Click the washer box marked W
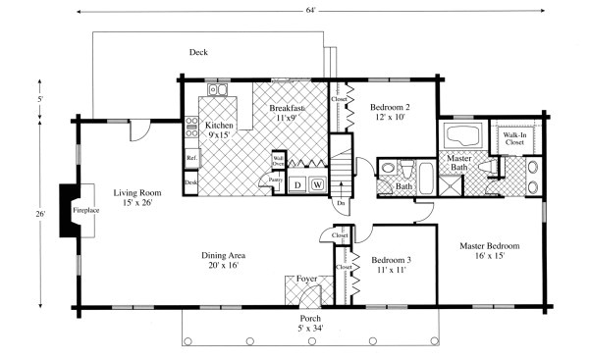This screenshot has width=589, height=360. click(x=317, y=184)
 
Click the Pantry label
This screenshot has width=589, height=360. click(x=277, y=180)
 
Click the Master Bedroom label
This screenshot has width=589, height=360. click(x=489, y=252)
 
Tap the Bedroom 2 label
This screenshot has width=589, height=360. click(x=393, y=111)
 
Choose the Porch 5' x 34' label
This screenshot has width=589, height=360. click(x=309, y=324)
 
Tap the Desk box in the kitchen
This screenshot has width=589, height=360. click(x=191, y=182)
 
